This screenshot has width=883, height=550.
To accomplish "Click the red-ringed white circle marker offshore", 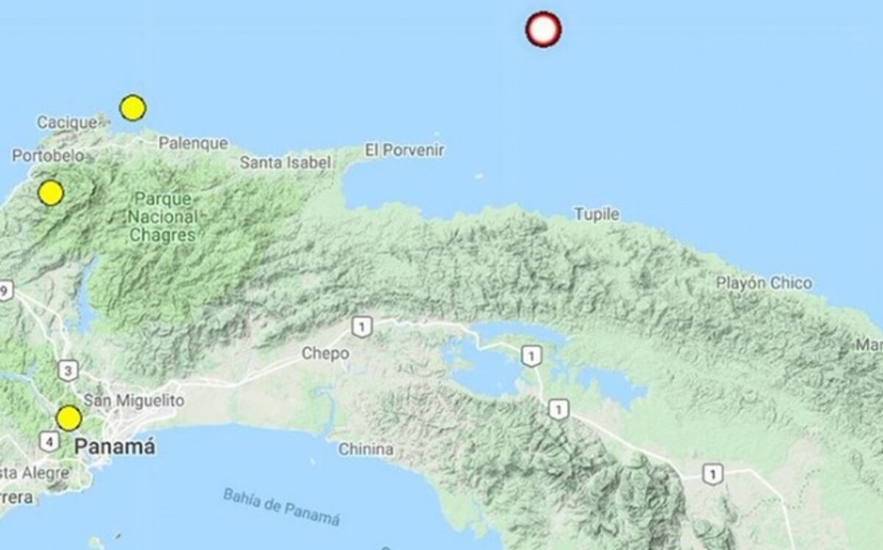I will tap(543, 29).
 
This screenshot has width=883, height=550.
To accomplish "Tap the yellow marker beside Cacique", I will tap(132, 108).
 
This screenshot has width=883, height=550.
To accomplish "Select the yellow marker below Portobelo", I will tap(51, 193).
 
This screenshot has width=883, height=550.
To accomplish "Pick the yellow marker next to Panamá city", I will tap(68, 419).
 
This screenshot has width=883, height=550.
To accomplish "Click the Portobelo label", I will tap(48, 156).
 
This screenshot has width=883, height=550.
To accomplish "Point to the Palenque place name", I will tap(193, 144).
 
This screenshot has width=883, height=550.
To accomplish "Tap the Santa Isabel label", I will tap(286, 162).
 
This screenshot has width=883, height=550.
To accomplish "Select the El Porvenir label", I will tap(405, 150).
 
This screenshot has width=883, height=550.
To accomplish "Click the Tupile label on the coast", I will tap(596, 214).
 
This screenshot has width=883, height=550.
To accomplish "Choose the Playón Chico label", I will tap(764, 283).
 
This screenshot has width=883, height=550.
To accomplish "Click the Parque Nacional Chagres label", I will tap(162, 217).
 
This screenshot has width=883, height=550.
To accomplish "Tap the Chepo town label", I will tap(325, 354).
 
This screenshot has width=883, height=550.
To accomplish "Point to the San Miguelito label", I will tap(134, 401).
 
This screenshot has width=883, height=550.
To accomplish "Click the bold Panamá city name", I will tap(116, 446).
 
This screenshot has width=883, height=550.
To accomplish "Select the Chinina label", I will tap(366, 449).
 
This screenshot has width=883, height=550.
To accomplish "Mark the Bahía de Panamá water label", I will tap(282, 507).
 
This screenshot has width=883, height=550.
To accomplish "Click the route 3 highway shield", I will tap(67, 370).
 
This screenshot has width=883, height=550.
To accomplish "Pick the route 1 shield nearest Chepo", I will tap(361, 327).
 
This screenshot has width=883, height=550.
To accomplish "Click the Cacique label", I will tap(66, 123).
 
